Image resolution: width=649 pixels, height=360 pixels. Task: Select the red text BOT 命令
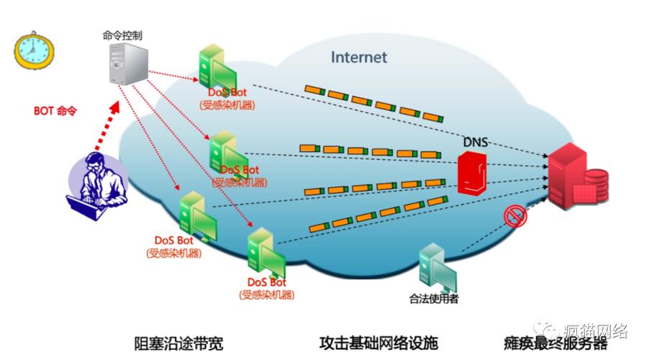pos(55,112)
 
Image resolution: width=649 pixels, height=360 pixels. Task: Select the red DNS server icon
pos(473,173)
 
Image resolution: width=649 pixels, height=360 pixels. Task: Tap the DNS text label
pos(476,142)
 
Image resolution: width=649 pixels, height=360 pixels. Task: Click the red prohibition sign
pos(516,215)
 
